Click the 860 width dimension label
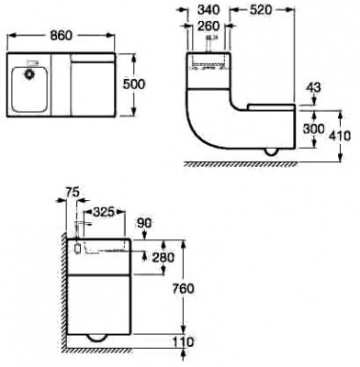[62, 36]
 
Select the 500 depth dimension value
[134, 84]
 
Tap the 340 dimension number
[208, 10]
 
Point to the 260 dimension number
[208, 27]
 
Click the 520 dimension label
[261, 10]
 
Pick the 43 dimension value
[313, 88]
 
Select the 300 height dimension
[313, 129]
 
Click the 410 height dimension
[341, 136]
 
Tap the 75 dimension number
[73, 192]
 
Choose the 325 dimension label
[104, 212]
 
